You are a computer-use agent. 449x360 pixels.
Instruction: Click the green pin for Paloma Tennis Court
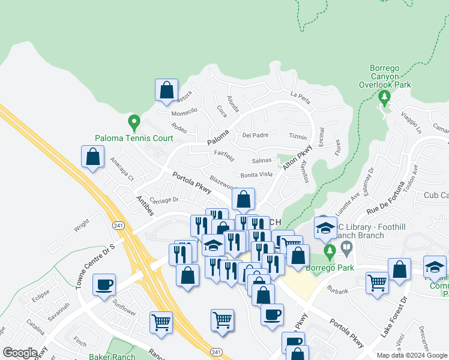click(134, 123)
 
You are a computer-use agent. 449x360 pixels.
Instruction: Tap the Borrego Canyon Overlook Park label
click(384, 76)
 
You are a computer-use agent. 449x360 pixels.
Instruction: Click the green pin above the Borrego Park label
click(328, 249)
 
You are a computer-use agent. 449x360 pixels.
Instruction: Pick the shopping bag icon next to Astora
click(167, 91)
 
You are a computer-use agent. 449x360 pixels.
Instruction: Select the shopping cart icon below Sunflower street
click(161, 322)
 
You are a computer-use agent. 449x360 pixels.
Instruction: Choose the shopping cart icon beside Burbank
click(377, 281)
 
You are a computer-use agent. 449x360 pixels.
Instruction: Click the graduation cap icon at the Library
click(325, 227)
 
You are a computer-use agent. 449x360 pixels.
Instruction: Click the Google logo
click(20, 353)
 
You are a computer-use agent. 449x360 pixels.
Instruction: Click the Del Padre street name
click(255, 135)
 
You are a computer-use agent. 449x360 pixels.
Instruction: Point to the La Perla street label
click(302, 95)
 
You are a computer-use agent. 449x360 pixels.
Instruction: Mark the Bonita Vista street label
click(256, 174)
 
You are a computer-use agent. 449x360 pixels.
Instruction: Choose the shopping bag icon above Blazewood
click(244, 199)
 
